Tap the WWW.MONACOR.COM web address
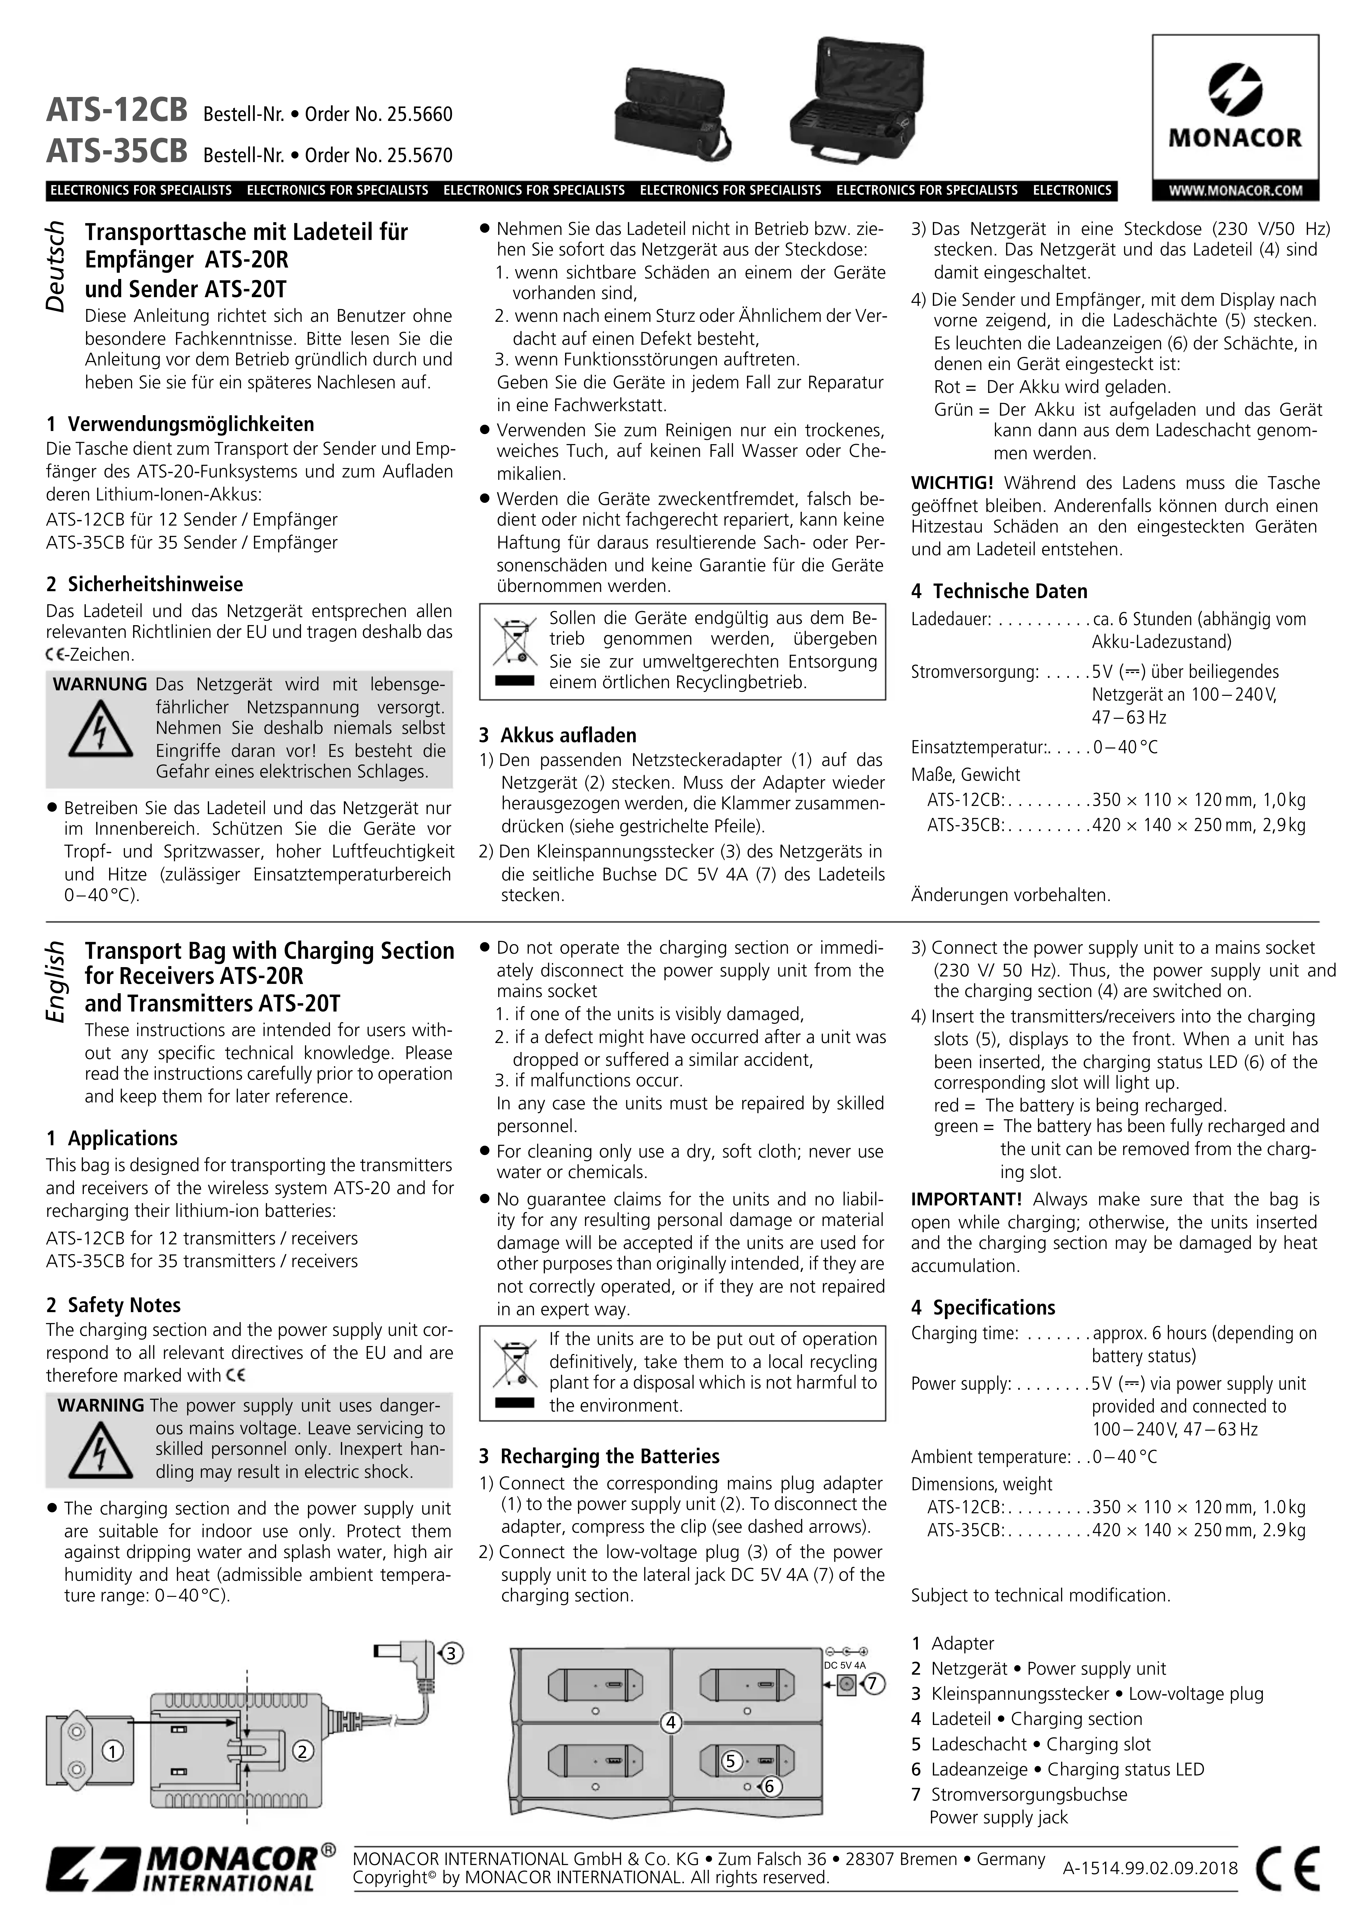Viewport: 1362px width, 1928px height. click(1234, 191)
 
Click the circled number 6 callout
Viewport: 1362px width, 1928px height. click(768, 1786)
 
